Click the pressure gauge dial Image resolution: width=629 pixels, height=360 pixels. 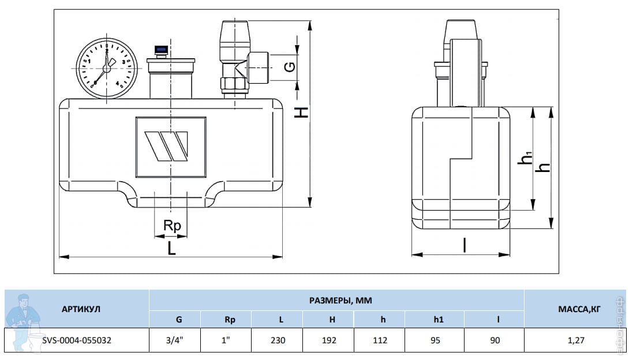[107, 69]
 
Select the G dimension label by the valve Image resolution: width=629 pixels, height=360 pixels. [290, 66]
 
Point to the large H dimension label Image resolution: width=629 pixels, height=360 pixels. [301, 112]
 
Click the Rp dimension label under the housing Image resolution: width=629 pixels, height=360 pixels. [172, 226]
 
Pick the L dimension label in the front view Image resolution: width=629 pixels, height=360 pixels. [172, 249]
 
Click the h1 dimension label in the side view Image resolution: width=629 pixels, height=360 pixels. [525, 157]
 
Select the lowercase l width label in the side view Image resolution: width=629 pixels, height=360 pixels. [465, 245]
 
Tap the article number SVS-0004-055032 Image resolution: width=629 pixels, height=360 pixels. [77, 340]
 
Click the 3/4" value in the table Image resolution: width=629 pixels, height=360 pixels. [174, 340]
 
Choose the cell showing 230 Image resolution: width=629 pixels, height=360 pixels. [278, 340]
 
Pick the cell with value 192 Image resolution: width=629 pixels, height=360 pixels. [328, 340]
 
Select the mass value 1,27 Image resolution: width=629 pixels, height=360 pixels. [576, 340]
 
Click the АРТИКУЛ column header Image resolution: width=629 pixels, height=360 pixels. [81, 309]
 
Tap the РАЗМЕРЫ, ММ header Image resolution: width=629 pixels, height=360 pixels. [340, 300]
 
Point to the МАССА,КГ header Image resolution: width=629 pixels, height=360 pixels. [579, 309]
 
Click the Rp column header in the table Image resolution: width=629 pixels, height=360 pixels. [230, 320]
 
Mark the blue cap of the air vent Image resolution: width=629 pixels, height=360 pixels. [161, 50]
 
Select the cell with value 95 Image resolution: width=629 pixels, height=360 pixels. [435, 340]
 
